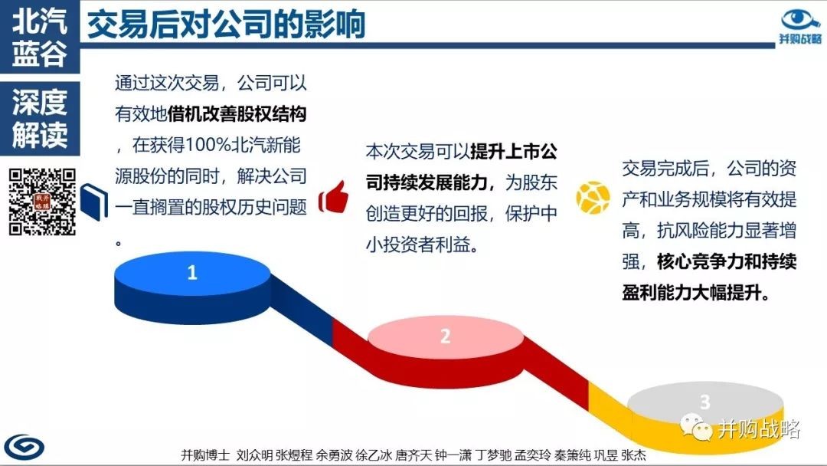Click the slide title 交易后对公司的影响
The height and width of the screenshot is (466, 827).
(x=226, y=24)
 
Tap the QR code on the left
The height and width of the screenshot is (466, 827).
(x=42, y=202)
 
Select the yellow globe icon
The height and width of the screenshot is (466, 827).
(x=593, y=198)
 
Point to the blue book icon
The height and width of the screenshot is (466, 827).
(x=94, y=202)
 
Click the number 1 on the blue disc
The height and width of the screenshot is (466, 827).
(x=192, y=272)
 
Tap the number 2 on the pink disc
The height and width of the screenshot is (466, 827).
(x=445, y=336)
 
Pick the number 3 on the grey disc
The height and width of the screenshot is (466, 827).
(x=705, y=402)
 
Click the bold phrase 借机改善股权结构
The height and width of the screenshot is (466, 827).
(x=237, y=114)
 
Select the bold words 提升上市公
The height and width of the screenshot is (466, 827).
(x=514, y=152)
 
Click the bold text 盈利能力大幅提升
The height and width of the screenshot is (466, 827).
(x=695, y=292)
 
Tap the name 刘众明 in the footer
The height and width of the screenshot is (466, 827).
(x=255, y=455)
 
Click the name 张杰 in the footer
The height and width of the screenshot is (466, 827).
(x=633, y=455)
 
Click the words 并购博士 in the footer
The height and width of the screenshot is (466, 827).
(x=206, y=455)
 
